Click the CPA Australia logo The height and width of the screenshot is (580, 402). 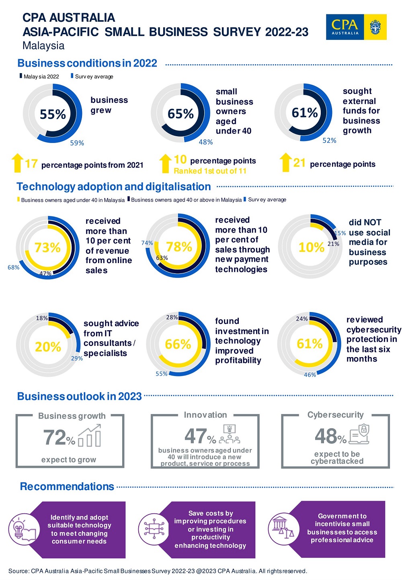(356, 27)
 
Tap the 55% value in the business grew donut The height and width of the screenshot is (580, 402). (53, 114)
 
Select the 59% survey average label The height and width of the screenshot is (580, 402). (77, 143)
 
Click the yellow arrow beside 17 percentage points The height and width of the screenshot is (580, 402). (17, 163)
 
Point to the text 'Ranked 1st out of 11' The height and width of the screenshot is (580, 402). (210, 171)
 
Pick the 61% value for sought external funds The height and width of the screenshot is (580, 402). (305, 113)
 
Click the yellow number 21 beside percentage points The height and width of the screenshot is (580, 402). (299, 163)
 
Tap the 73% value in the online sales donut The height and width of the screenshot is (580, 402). (47, 247)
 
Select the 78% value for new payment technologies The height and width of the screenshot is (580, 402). (179, 247)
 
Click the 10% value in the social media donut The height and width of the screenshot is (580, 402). (311, 247)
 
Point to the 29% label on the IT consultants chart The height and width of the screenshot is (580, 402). (77, 358)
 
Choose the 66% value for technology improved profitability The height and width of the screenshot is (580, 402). (178, 344)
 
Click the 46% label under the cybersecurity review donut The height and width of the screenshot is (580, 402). (310, 375)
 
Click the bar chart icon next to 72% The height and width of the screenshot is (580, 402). (90, 437)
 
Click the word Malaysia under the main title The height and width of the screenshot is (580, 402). (43, 46)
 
